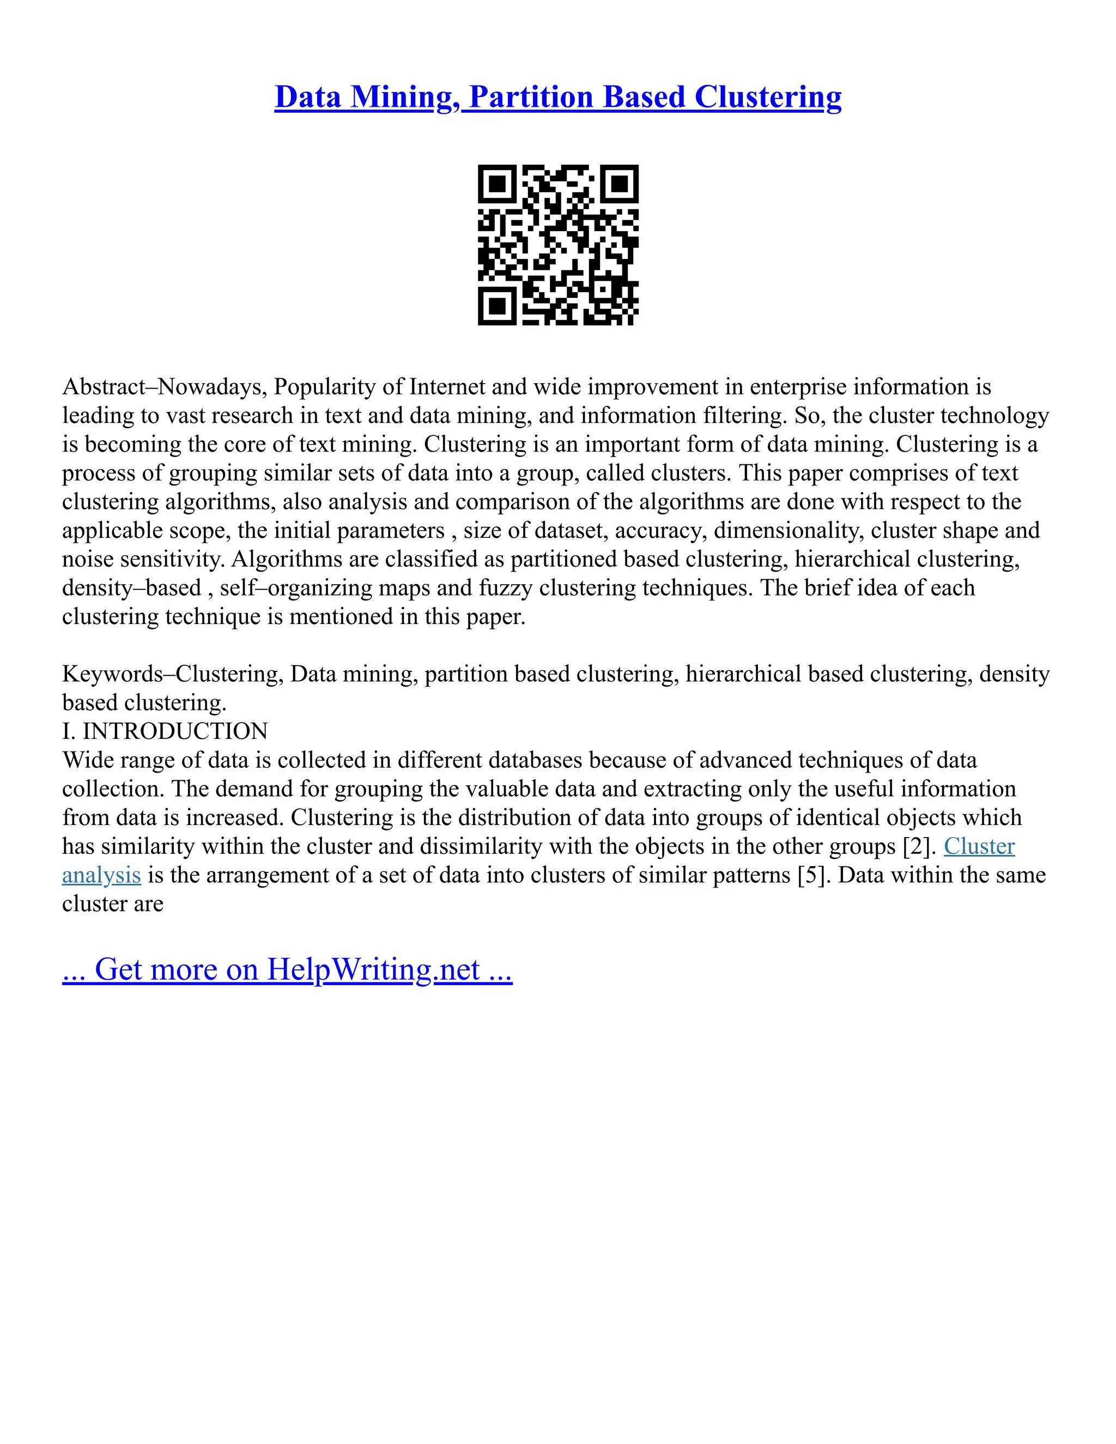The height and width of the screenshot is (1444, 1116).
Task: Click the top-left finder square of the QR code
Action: (x=496, y=183)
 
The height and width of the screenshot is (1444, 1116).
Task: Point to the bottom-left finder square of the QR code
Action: (x=496, y=307)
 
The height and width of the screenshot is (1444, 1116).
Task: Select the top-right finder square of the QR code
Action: (x=620, y=183)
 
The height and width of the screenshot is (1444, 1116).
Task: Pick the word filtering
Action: (x=744, y=416)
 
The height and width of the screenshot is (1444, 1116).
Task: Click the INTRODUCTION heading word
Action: (x=175, y=732)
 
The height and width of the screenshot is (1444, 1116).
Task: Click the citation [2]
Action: (x=920, y=847)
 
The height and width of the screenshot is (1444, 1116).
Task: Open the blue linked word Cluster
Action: (x=979, y=847)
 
